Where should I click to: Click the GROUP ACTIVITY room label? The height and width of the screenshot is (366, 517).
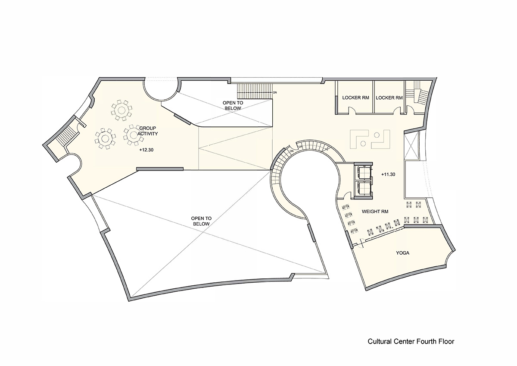point(148,131)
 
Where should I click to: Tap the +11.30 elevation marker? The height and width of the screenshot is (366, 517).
point(389,174)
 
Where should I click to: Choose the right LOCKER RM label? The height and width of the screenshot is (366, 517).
point(389,98)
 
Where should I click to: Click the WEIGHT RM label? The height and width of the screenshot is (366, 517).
point(375,211)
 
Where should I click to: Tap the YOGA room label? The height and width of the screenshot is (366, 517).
point(402,253)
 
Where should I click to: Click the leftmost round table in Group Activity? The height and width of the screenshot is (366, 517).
point(105,138)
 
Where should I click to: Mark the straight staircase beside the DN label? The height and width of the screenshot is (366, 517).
point(254,91)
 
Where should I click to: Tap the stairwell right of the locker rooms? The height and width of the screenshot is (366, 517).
point(419,95)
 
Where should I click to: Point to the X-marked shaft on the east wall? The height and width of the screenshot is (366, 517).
point(411,146)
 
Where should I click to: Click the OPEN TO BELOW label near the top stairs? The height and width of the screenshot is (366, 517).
point(233,105)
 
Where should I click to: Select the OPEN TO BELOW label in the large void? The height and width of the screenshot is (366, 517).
point(200,221)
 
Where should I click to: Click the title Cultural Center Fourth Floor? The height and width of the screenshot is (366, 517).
point(411,341)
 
